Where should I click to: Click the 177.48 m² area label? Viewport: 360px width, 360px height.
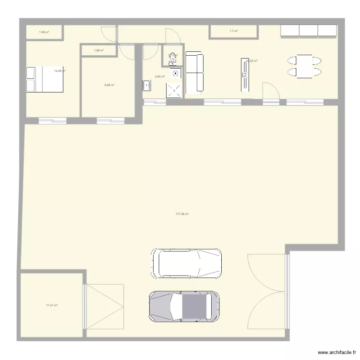[x=182, y=214]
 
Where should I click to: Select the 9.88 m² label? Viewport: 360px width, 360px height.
[x=109, y=85]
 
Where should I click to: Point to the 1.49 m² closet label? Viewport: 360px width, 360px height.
[x=44, y=32]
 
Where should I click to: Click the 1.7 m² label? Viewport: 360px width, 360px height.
[x=234, y=31]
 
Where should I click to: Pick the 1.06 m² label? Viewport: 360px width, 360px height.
[x=99, y=50]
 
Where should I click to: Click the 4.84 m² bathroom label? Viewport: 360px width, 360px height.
[x=159, y=76]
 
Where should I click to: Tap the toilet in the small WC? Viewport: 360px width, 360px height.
[x=172, y=58]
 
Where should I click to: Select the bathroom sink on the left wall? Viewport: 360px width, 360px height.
[x=146, y=85]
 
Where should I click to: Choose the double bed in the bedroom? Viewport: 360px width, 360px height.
[x=44, y=79]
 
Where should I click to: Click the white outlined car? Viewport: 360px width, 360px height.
[x=187, y=263]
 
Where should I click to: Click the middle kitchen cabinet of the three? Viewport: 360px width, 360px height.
[x=308, y=30]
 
